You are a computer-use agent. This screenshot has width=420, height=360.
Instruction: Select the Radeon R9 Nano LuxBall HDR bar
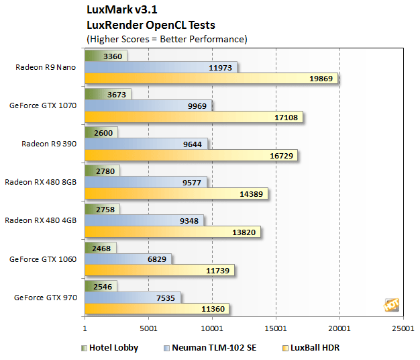[211, 79]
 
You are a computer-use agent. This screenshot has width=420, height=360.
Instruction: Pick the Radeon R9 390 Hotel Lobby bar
[101, 132]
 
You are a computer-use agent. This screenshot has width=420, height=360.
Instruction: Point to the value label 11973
[221, 68]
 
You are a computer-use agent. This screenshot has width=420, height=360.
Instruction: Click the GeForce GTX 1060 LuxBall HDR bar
[160, 271]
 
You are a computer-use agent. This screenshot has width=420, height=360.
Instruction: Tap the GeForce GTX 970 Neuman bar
[133, 296]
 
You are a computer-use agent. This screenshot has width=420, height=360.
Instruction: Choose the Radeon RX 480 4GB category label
[41, 220]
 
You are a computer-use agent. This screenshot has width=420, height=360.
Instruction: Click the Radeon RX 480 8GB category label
[41, 181]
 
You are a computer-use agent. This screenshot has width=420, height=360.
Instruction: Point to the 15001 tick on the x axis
[276, 330]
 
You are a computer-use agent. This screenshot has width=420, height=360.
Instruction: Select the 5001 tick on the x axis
[148, 330]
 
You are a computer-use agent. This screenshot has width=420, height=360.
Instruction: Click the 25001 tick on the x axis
[403, 330]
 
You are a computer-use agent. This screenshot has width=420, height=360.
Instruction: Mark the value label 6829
[156, 259]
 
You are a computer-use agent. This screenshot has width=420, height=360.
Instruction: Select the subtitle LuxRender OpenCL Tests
[151, 26]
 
